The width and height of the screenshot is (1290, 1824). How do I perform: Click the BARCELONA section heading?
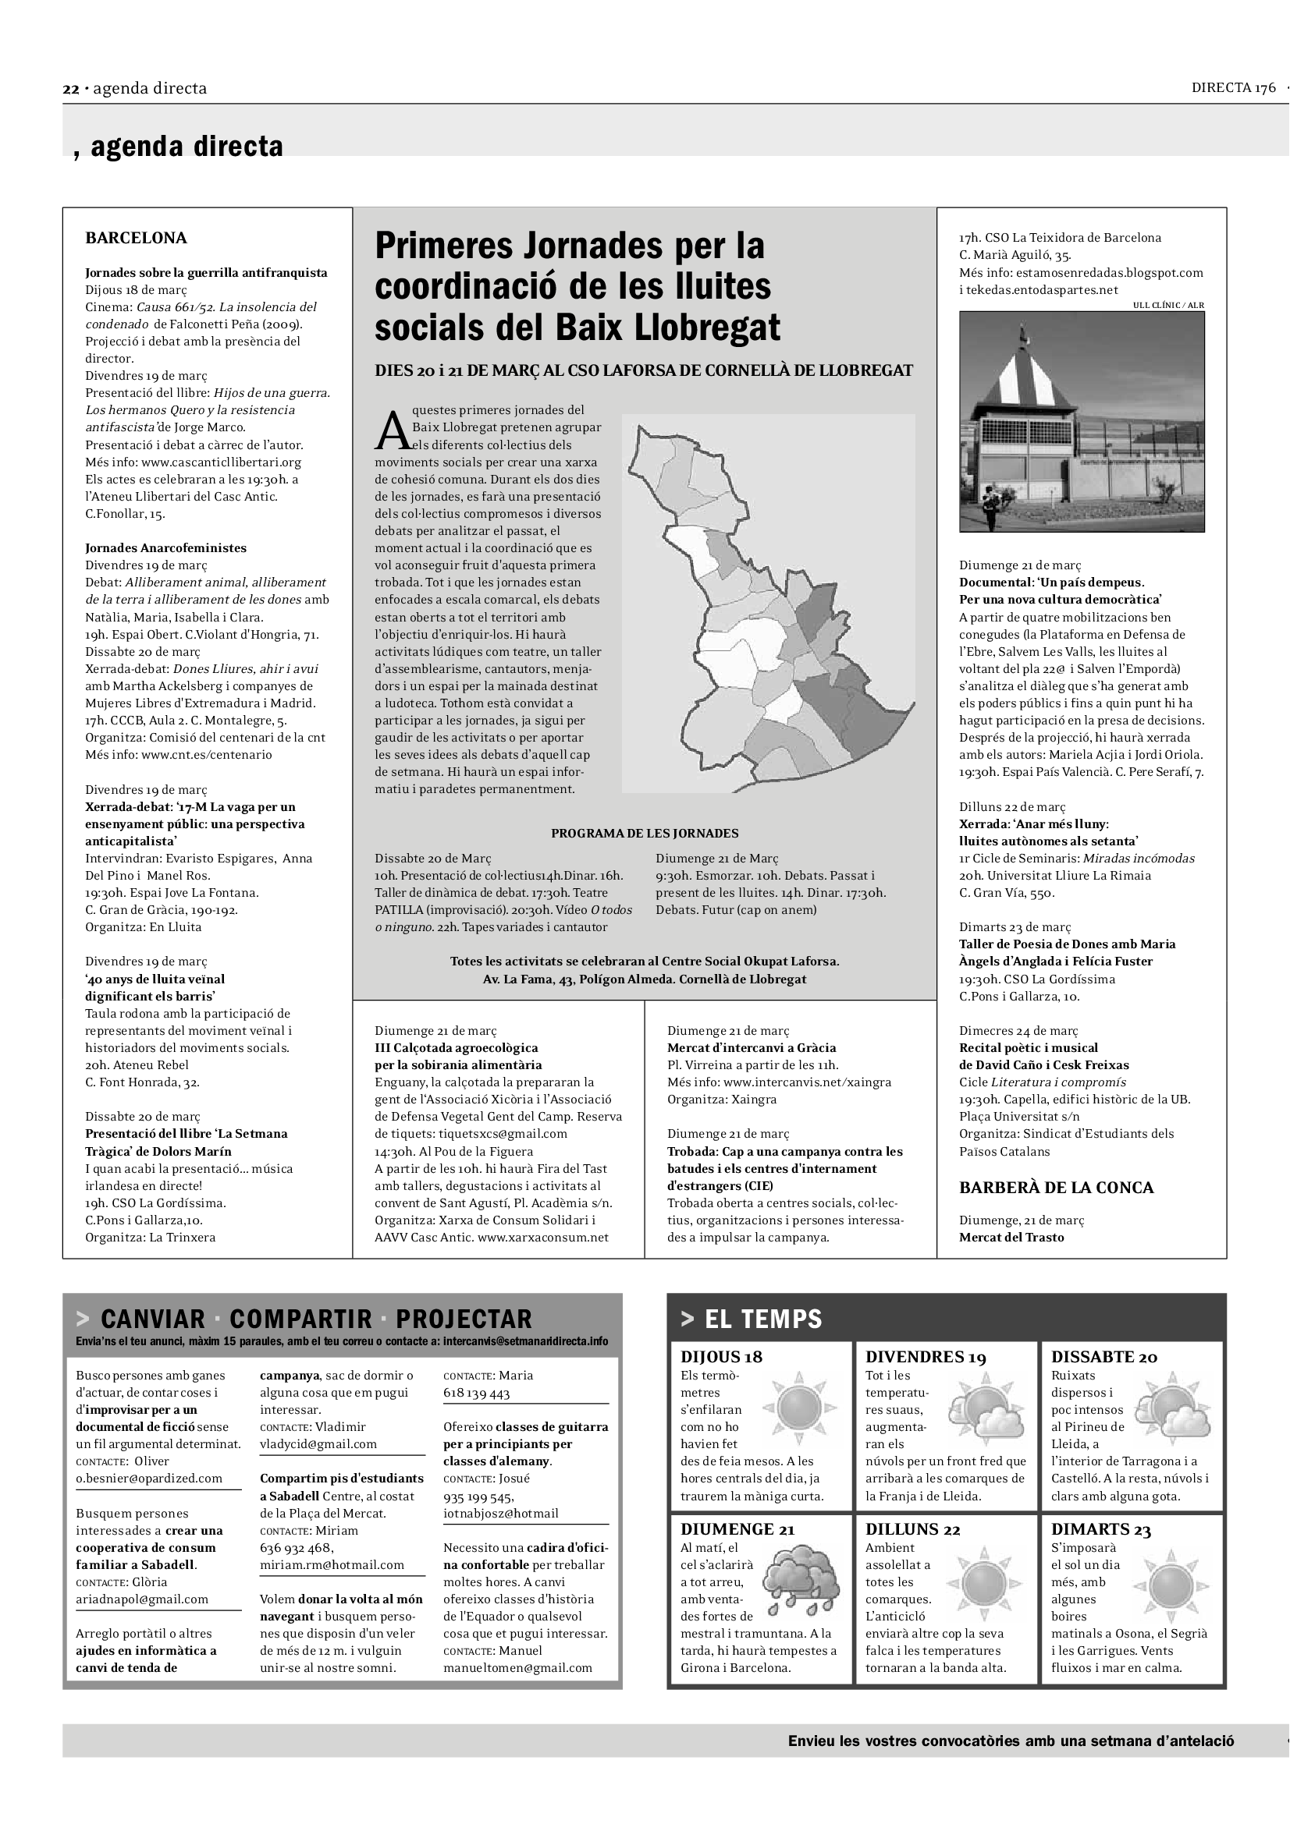click(136, 238)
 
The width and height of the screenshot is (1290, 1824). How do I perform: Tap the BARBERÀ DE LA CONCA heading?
click(1056, 1187)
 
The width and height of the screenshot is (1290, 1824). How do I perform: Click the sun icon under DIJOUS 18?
click(799, 1408)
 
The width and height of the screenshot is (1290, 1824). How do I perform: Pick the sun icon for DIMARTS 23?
click(1169, 1584)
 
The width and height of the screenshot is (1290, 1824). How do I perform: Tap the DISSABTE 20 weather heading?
click(1104, 1357)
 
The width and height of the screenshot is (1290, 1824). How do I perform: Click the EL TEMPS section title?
click(762, 1319)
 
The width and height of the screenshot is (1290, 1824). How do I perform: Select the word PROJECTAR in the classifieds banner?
click(464, 1319)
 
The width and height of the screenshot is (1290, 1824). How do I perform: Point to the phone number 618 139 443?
click(476, 1393)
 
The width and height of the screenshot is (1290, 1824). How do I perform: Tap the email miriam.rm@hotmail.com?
click(332, 1564)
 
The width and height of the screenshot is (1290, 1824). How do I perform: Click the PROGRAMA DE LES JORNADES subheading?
click(645, 834)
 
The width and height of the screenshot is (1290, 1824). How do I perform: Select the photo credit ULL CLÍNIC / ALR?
click(1167, 305)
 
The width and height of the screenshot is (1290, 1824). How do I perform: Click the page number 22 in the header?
click(71, 89)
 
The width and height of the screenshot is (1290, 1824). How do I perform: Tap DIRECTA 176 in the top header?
click(1233, 87)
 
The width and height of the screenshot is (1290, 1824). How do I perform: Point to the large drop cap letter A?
click(392, 431)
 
